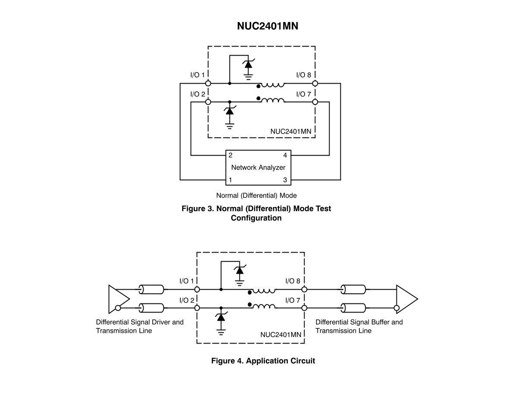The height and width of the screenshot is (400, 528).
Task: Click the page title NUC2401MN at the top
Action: pyautogui.click(x=267, y=26)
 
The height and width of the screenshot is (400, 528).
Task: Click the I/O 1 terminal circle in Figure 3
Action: pyautogui.click(x=208, y=83)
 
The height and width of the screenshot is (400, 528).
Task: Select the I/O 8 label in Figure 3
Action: pyautogui.click(x=304, y=75)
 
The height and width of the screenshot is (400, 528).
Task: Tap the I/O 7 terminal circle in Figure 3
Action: pyautogui.click(x=315, y=102)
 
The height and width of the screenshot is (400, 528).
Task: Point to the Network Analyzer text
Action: pyautogui.click(x=258, y=167)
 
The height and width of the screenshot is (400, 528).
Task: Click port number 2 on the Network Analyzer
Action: pyautogui.click(x=230, y=155)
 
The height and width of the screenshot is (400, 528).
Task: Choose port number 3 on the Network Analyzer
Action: pyautogui.click(x=285, y=180)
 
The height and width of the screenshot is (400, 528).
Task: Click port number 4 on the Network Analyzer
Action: pyautogui.click(x=285, y=155)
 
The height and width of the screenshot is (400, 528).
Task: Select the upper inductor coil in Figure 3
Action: pyautogui.click(x=273, y=84)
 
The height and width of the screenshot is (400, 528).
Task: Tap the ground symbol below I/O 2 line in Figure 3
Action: pyautogui.click(x=229, y=126)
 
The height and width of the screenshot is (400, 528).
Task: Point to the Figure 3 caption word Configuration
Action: pyautogui.click(x=256, y=218)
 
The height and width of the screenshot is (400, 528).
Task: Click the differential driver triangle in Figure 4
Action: pyautogui.click(x=119, y=299)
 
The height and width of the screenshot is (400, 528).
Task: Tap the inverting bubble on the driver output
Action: pyautogui.click(x=118, y=308)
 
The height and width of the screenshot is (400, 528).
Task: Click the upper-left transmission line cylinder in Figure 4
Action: pyautogui.click(x=151, y=290)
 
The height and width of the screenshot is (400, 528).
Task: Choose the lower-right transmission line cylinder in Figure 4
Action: pyautogui.click(x=353, y=308)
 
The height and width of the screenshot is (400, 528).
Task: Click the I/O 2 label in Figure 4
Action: pyautogui.click(x=187, y=300)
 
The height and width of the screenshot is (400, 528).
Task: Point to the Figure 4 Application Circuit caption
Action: pyautogui.click(x=263, y=361)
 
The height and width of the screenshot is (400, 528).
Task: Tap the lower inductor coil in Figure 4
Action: pyautogui.click(x=264, y=306)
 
